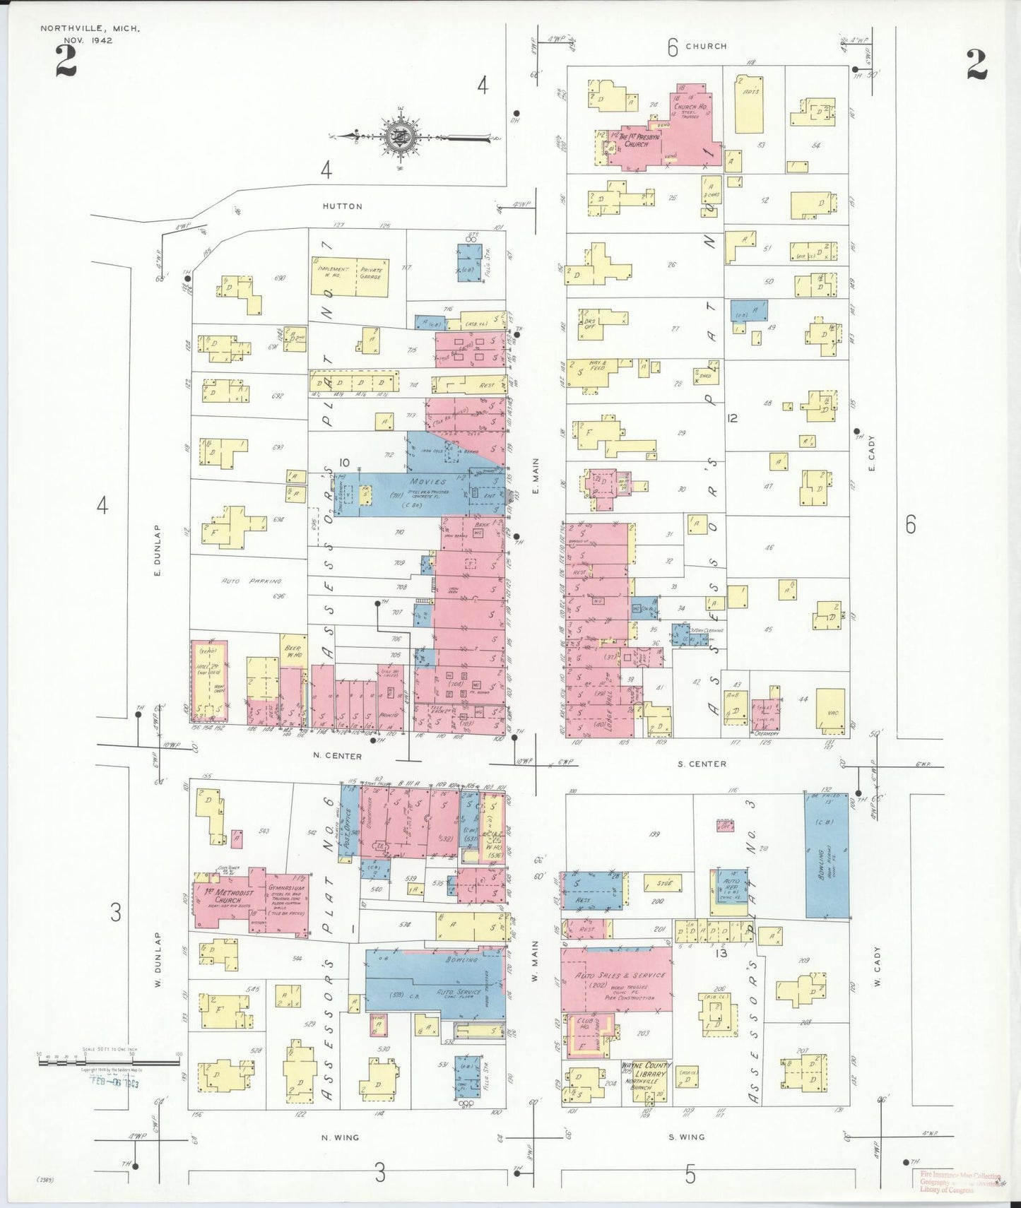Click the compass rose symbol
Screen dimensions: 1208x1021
pos(396,136)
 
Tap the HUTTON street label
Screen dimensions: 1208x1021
pos(342,206)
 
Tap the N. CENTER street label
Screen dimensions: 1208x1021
pos(338,756)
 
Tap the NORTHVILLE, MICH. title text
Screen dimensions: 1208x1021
pos(90,29)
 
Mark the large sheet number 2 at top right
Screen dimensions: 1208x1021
pos(976,66)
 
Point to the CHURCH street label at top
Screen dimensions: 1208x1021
pos(705,46)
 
